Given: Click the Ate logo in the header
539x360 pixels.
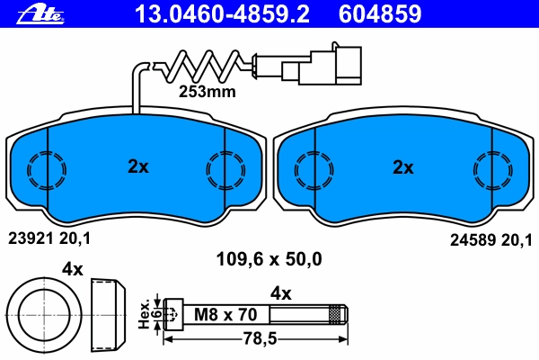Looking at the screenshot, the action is pos(40,15).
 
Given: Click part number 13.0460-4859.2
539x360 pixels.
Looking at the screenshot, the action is pos(222,13).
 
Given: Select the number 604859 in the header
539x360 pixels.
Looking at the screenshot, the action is pos(380,13).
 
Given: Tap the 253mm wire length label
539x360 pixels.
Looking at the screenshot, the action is pos(208,92).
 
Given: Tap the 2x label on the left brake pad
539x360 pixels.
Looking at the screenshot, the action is pos(138,166).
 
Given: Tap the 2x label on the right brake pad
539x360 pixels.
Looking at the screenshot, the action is pos(403,167).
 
